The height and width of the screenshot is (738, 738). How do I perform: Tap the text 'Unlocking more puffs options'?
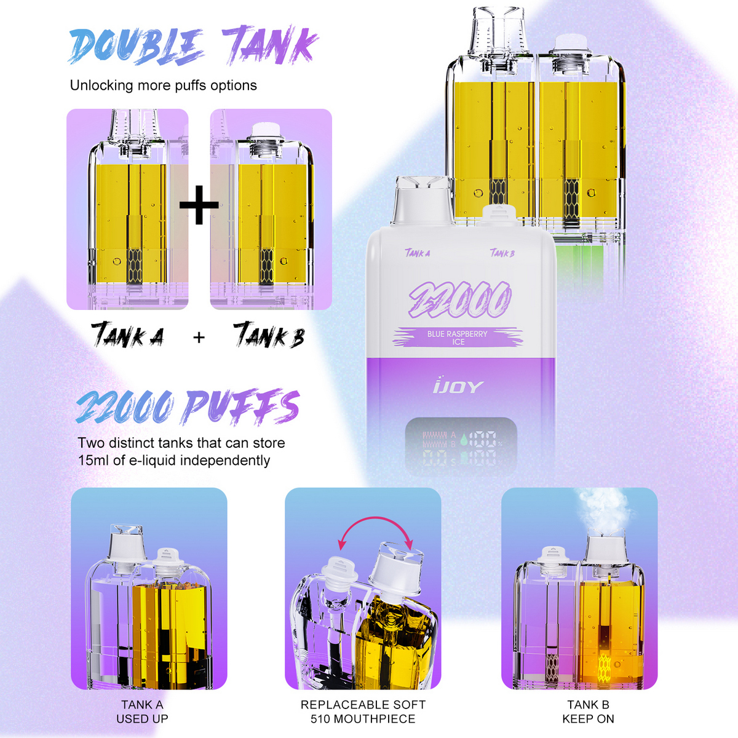(163, 85)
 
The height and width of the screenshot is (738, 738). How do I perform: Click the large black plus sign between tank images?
(199, 205)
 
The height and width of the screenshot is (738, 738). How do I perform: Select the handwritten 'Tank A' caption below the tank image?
(128, 335)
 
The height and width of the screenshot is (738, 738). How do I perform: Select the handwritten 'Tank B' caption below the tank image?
(269, 335)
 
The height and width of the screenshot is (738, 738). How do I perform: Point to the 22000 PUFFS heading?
(188, 407)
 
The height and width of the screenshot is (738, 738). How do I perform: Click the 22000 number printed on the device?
(459, 301)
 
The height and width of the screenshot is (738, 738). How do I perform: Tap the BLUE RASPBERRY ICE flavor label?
(458, 338)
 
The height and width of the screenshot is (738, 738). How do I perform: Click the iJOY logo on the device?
(458, 386)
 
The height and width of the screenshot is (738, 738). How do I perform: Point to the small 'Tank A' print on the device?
(418, 253)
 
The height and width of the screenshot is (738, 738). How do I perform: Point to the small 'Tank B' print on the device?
(502, 253)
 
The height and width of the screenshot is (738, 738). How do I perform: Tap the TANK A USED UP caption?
(142, 712)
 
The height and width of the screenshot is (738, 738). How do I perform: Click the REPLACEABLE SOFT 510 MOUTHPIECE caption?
(363, 712)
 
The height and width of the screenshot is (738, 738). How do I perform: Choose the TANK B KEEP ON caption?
(588, 712)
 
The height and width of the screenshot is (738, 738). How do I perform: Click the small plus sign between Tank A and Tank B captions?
(199, 337)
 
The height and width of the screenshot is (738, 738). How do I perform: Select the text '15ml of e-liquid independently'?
(174, 461)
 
